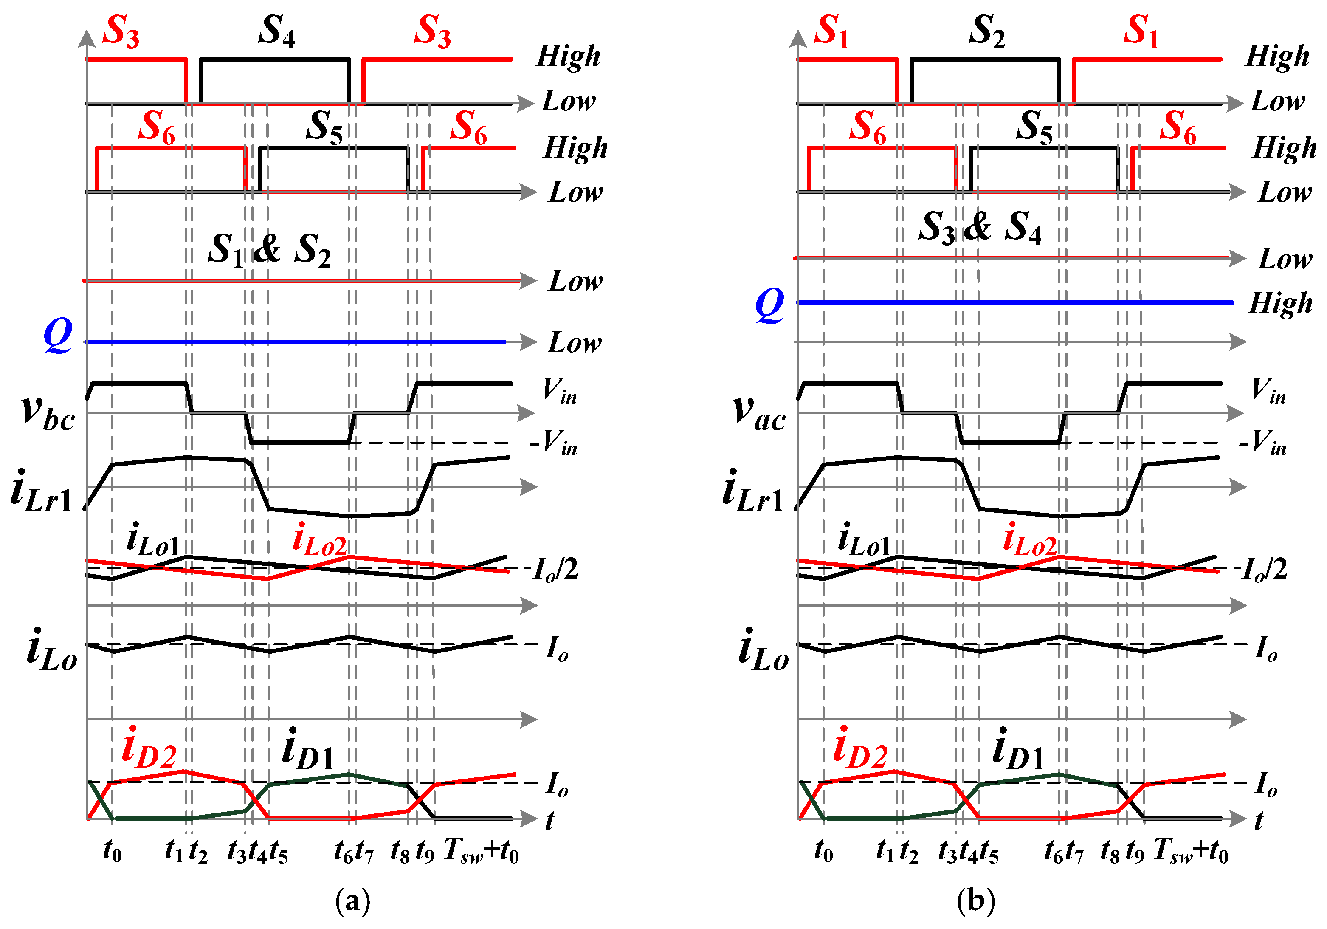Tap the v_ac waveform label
point(759,413)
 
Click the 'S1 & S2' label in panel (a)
point(269,250)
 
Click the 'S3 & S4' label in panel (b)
point(980,227)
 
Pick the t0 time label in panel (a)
point(112,851)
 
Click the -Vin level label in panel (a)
point(554,443)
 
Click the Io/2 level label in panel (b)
point(1264,570)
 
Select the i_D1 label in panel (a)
point(307,750)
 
